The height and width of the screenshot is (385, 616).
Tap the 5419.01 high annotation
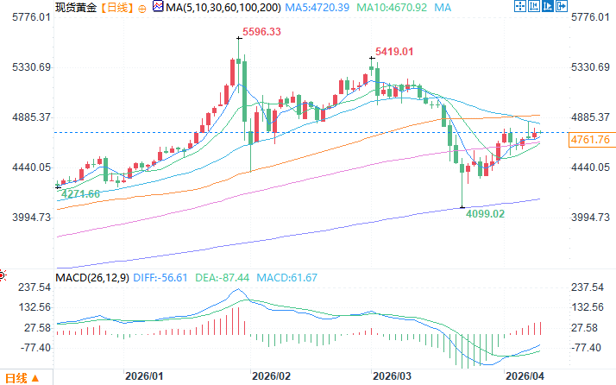tap(394, 52)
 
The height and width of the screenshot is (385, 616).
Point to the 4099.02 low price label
tap(485, 213)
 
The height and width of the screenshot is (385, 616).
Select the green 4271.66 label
tap(80, 194)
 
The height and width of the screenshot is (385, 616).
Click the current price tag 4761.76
tap(591, 140)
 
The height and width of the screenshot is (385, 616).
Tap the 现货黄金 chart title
tap(74, 7)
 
